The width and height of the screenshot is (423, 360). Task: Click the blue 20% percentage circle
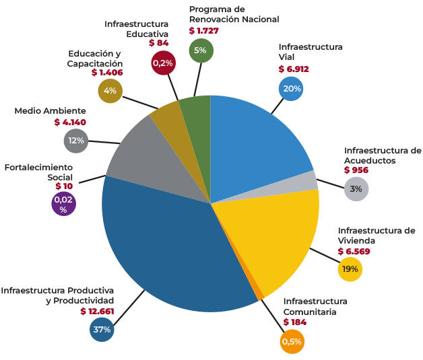pyautogui.click(x=292, y=89)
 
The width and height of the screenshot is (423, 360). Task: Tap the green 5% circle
pyautogui.click(x=201, y=50)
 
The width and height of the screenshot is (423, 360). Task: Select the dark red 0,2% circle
pyautogui.click(x=163, y=63)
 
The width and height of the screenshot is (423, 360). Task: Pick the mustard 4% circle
pyautogui.click(x=110, y=90)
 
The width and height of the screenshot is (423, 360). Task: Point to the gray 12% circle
pyautogui.click(x=75, y=141)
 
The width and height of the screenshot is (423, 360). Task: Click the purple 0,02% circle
pyautogui.click(x=63, y=204)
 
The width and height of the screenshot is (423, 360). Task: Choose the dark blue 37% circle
pyautogui.click(x=102, y=330)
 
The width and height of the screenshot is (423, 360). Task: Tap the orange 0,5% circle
pyautogui.click(x=292, y=341)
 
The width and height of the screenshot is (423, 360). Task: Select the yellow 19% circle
pyautogui.click(x=350, y=268)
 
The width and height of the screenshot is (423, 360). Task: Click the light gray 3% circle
pyautogui.click(x=356, y=189)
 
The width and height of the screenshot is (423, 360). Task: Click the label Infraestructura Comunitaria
pyautogui.click(x=315, y=306)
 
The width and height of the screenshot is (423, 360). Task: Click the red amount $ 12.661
pyautogui.click(x=98, y=311)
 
